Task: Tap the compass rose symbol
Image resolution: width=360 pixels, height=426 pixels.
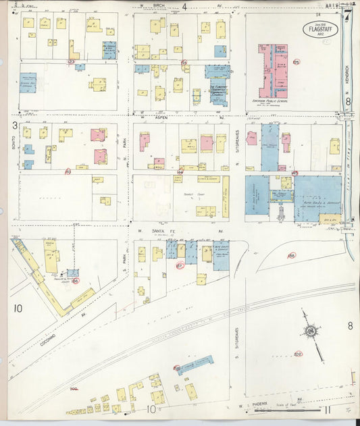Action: point(310,331)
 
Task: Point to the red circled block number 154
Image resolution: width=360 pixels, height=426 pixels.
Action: point(184,62)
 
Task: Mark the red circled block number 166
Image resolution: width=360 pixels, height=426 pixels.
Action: point(76,280)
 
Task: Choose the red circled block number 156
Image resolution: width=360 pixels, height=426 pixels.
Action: point(291,256)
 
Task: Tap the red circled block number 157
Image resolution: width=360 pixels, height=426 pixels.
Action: point(180,265)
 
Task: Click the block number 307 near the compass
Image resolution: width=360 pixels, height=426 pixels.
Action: point(298,353)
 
